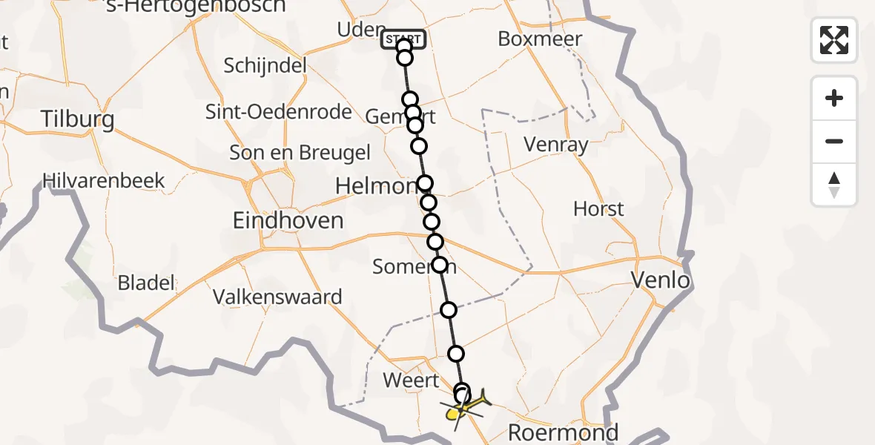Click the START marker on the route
coord(403,39)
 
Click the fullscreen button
coord(834,40)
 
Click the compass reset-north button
coord(834,185)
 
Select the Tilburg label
coord(78,119)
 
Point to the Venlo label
coord(660,280)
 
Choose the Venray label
coord(555,145)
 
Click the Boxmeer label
coord(540,39)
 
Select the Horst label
coord(598,209)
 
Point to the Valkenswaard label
coord(278,297)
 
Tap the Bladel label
coord(147,283)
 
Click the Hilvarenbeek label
coord(104,180)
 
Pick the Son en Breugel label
coord(300,153)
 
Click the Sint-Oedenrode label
coord(279,112)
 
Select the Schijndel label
coord(265,65)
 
